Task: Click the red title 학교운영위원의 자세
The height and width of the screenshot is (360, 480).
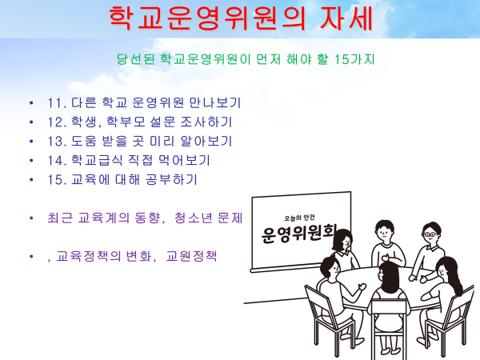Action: (x=241, y=18)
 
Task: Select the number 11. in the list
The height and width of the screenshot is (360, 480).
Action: (x=57, y=103)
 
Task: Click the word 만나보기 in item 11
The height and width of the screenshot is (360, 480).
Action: (x=215, y=103)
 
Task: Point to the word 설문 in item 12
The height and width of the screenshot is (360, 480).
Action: (x=162, y=122)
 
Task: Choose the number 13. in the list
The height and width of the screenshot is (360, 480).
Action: (x=57, y=141)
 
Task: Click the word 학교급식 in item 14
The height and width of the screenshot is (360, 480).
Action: (x=97, y=160)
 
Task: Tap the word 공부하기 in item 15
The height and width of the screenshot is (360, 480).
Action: (x=171, y=179)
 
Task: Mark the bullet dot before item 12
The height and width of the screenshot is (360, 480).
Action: (x=31, y=122)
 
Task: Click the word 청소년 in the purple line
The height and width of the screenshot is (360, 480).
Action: (x=193, y=218)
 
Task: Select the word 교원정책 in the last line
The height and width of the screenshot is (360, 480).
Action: (x=191, y=256)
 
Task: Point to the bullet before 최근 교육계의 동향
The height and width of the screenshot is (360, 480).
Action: (x=31, y=218)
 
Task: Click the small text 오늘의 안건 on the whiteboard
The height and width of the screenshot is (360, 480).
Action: (x=299, y=218)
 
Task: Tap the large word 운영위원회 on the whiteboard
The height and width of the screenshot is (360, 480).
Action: (x=298, y=234)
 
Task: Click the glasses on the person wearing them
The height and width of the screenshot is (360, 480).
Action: (x=430, y=234)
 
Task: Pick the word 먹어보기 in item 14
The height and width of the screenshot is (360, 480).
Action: (x=184, y=160)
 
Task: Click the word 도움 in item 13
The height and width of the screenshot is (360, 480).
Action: (x=84, y=141)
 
